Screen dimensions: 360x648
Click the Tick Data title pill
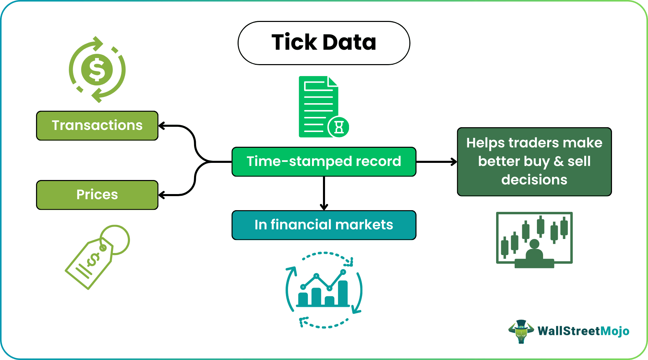click(x=324, y=43)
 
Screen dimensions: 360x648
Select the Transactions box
click(x=97, y=125)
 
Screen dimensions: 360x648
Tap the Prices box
click(x=97, y=195)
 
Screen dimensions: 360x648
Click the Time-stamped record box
click(x=324, y=161)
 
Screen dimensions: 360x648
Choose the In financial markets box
click(x=324, y=225)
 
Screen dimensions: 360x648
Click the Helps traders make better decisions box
click(x=534, y=161)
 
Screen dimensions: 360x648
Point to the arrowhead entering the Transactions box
click(x=161, y=126)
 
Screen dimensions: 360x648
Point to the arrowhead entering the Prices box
click(x=161, y=195)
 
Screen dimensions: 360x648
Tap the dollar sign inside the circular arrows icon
click(x=97, y=70)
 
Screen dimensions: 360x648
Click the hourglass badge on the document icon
click(x=339, y=127)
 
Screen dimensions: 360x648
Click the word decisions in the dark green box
click(x=534, y=180)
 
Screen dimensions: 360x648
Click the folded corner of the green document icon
click(x=333, y=82)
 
